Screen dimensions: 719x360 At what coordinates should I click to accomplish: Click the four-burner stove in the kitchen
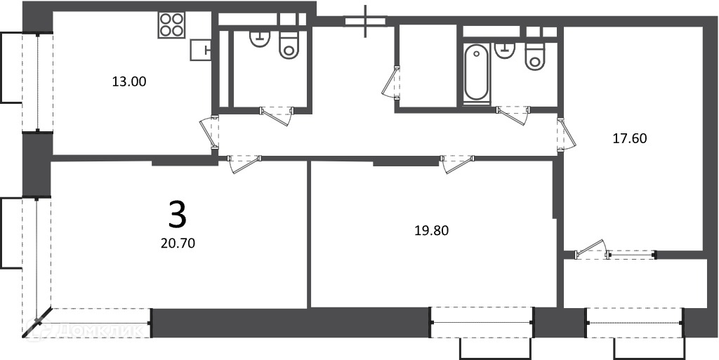(x=172, y=25)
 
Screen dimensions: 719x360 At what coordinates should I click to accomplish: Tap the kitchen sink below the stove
(x=201, y=50)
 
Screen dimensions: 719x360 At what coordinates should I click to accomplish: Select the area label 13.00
(x=129, y=82)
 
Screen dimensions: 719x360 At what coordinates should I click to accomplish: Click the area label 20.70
(x=178, y=244)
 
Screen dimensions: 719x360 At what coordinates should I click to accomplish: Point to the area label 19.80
(x=432, y=230)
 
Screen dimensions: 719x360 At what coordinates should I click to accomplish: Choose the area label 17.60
(x=630, y=138)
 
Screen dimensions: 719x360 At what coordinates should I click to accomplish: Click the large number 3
(x=178, y=215)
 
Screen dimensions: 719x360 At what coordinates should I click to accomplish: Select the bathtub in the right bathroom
(x=476, y=72)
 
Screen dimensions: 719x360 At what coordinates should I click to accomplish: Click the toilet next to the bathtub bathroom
(x=534, y=56)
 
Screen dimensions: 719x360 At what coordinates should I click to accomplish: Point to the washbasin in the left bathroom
(x=260, y=39)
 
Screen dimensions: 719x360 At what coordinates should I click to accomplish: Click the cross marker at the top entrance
(x=365, y=21)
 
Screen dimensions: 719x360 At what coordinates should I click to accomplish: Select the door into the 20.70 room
(x=244, y=164)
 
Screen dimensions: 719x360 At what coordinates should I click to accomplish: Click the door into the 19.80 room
(x=457, y=164)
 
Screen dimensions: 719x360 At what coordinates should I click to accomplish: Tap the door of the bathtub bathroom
(x=513, y=115)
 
